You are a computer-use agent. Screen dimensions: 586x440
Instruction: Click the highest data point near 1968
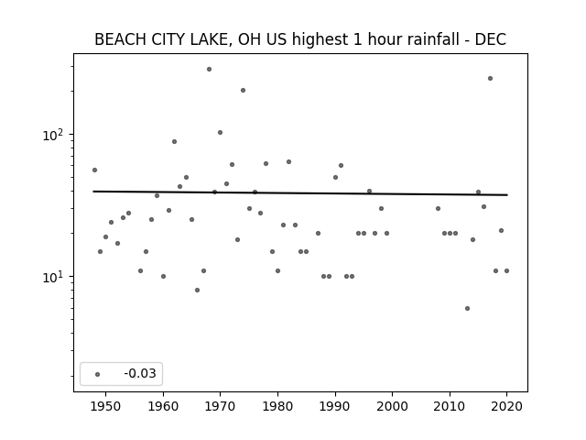[210, 70]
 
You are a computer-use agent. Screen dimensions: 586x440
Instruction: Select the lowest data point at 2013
[467, 308]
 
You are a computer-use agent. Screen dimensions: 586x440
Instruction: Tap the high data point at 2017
[490, 78]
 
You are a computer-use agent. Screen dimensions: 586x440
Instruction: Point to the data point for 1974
[243, 90]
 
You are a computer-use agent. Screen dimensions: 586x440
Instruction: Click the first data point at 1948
[94, 170]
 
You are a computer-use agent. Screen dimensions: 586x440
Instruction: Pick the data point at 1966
[198, 290]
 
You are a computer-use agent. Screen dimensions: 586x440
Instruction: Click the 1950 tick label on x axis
[106, 406]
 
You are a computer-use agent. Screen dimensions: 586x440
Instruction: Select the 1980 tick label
[277, 406]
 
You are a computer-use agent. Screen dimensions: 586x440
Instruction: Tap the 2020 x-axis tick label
[506, 406]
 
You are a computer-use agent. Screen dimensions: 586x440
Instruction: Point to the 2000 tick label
[392, 406]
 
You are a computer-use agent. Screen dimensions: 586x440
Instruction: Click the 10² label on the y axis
[53, 135]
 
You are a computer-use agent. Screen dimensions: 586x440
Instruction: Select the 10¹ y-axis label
[53, 277]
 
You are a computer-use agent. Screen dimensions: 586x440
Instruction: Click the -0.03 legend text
[140, 373]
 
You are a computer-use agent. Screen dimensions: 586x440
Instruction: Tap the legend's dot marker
[98, 374]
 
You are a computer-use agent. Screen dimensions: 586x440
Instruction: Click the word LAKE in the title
[212, 39]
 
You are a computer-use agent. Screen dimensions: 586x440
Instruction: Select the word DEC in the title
[491, 39]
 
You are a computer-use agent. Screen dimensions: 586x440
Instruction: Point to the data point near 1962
[174, 141]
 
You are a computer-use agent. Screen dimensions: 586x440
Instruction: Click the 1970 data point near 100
[220, 132]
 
